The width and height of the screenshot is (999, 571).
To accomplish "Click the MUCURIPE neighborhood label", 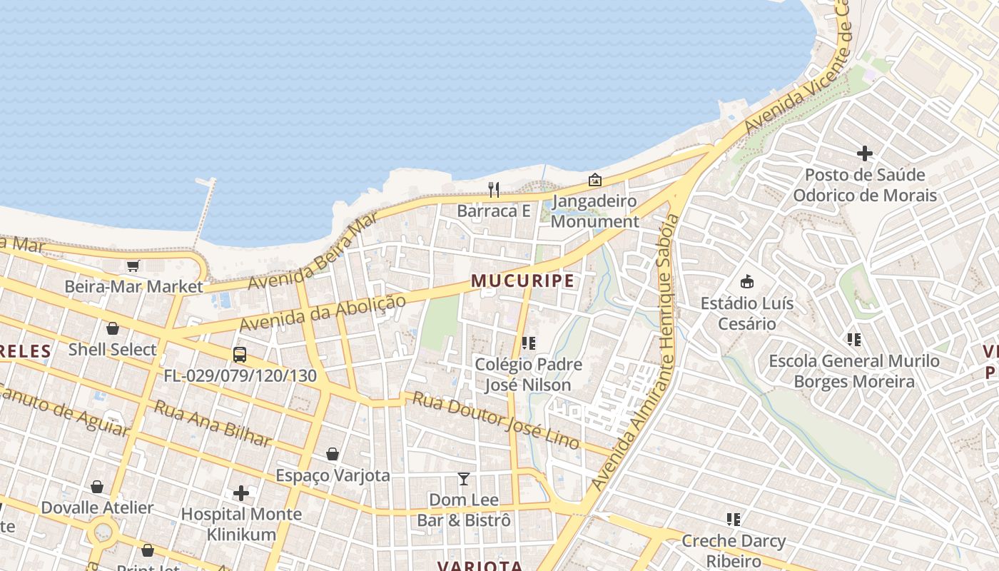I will pos(523,281).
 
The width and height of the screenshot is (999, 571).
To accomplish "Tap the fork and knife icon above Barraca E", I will pos(493,189).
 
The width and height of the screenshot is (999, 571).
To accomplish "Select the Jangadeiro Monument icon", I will pos(594,180).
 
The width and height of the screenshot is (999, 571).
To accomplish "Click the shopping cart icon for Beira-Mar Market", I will pos(133,266).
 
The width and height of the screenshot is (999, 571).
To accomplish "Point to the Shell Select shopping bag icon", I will pos(113,328).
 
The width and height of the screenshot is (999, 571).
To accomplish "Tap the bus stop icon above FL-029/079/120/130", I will pos(240,354).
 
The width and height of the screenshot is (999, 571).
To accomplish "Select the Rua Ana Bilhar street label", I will pos(213,423).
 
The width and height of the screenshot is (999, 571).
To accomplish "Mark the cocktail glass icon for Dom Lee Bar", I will pos(464,478).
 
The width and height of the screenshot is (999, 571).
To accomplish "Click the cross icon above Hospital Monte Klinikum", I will pos(241,492).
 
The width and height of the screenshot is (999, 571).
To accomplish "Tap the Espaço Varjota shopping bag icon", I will pos(333,454).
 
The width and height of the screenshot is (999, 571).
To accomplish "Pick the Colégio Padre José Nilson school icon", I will pos(529,343).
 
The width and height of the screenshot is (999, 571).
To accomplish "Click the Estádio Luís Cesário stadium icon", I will pos(747,281).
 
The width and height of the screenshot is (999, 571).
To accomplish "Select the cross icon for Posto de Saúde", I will pos(865,153).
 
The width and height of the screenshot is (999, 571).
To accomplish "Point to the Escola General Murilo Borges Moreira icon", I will pos(853,340).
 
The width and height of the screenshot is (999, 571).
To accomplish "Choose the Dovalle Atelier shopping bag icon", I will pos(97,487).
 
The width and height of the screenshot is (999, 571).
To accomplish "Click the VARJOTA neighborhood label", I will pos(480,565).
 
